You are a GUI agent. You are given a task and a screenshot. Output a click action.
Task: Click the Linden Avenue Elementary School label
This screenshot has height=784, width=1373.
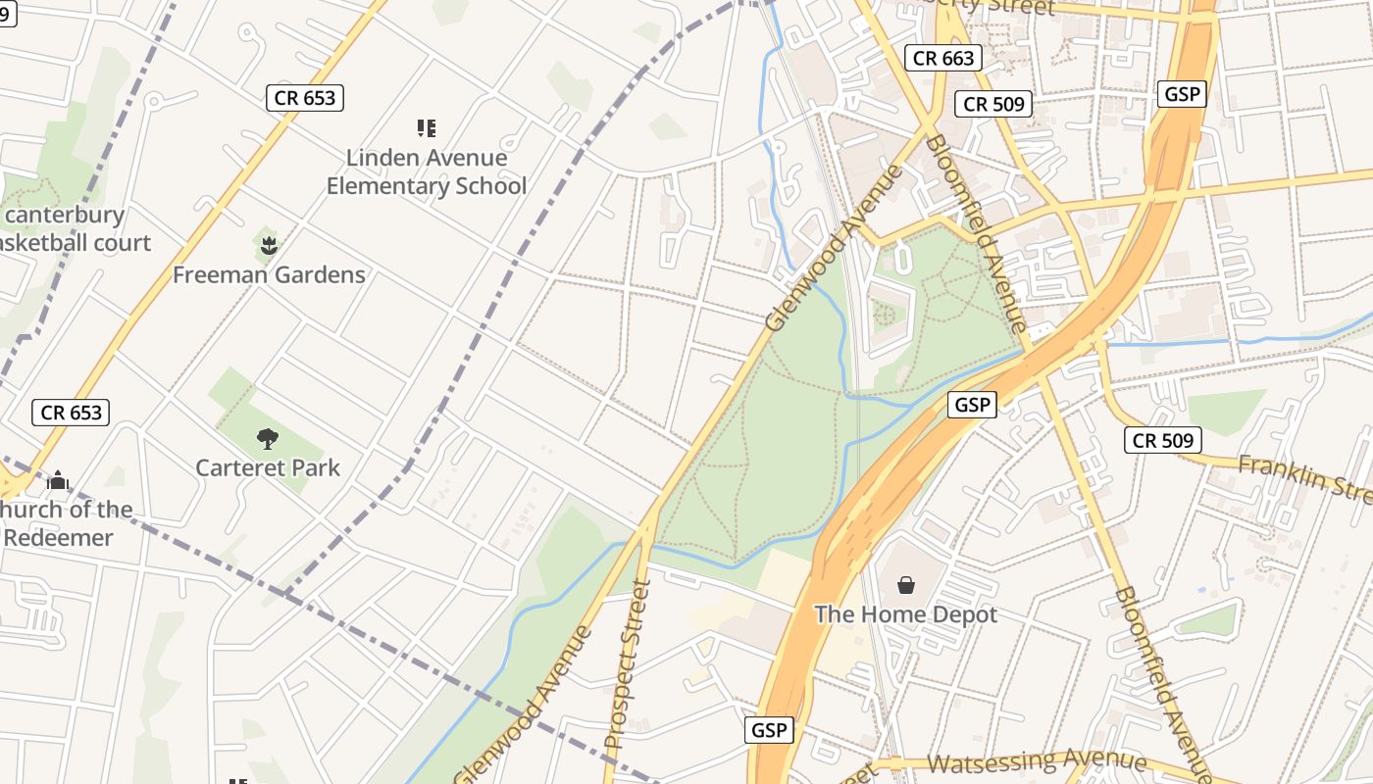427,171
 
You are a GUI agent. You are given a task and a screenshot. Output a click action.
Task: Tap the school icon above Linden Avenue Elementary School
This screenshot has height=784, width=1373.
427,127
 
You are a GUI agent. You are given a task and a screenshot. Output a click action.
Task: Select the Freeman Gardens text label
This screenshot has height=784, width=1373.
269,274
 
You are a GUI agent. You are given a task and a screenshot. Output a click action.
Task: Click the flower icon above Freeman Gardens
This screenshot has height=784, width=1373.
268,242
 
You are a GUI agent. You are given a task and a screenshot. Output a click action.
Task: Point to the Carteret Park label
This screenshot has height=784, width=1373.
268,467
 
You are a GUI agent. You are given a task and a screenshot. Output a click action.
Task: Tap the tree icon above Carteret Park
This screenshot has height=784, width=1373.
267,438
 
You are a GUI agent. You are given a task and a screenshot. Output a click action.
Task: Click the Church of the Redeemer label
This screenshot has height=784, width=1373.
67,523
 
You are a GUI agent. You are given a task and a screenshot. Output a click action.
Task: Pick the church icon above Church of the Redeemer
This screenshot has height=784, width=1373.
58,480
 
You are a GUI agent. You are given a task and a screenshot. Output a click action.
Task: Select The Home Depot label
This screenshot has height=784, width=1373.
905,614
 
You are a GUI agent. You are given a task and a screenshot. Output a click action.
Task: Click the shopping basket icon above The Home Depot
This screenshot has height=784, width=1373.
906,585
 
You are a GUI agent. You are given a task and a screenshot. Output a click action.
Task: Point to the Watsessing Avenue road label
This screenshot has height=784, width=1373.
1037,761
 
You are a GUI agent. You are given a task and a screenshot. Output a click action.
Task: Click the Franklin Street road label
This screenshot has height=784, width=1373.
1304,477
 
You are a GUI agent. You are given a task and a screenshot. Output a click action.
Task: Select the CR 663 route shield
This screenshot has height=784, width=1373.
943,58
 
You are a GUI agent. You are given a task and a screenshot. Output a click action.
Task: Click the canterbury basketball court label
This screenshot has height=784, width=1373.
69,228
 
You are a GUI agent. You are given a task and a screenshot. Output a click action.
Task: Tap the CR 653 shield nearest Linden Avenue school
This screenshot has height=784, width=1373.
305,97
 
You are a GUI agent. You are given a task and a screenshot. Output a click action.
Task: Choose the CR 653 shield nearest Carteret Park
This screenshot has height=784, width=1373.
71,412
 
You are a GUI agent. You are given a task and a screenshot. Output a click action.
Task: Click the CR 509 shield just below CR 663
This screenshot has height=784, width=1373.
993,104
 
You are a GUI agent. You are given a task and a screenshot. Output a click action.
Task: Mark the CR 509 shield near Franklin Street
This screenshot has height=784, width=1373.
1163,440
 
